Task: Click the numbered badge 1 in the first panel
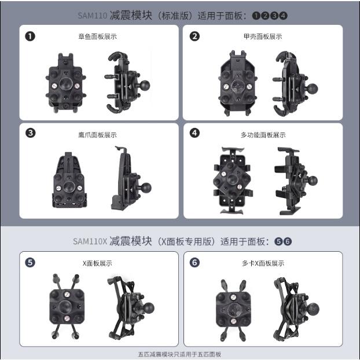click(x=30, y=36)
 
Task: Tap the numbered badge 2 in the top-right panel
click(x=195, y=36)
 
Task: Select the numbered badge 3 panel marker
click(x=30, y=133)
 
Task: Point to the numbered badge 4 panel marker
click(x=195, y=133)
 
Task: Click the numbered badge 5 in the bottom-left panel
click(x=30, y=262)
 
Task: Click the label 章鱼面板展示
click(x=97, y=36)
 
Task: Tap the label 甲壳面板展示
click(x=263, y=36)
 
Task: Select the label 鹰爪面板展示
click(x=97, y=134)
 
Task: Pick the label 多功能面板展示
click(x=263, y=134)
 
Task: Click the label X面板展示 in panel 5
click(x=97, y=263)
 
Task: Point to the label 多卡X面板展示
click(x=263, y=263)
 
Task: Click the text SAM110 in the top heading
click(x=93, y=16)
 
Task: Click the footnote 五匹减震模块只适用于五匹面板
click(x=179, y=354)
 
